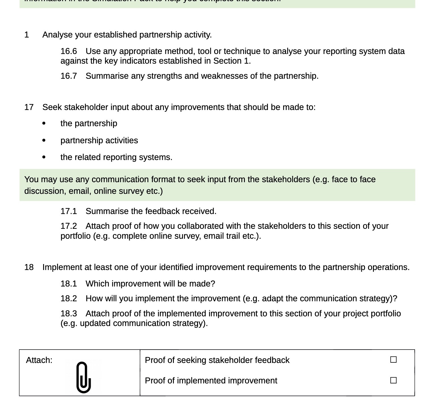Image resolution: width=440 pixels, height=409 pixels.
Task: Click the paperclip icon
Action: pos(84,377)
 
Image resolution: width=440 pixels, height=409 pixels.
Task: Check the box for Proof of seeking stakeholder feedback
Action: pos(393,360)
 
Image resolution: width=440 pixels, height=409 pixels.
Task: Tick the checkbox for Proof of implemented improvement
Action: pos(393,380)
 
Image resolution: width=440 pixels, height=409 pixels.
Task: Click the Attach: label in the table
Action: pos(39,360)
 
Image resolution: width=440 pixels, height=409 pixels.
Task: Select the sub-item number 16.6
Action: pos(68,51)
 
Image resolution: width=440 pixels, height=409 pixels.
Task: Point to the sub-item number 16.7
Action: pos(68,76)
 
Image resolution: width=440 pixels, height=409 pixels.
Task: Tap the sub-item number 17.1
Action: pos(68,211)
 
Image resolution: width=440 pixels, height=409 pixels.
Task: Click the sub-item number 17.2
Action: pos(68,226)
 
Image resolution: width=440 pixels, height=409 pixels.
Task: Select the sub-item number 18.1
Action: pos(68,284)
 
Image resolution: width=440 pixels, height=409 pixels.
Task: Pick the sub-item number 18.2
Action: pos(68,298)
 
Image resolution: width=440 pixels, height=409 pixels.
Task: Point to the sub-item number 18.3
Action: pos(68,314)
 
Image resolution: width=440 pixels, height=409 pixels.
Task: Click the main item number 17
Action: pos(29,107)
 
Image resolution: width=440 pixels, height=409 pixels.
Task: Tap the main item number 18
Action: pos(29,267)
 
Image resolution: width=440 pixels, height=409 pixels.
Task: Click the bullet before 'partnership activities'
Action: pos(43,140)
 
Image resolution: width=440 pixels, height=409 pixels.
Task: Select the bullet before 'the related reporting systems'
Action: pos(43,157)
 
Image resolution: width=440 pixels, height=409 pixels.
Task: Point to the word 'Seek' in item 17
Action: pos(52,107)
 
